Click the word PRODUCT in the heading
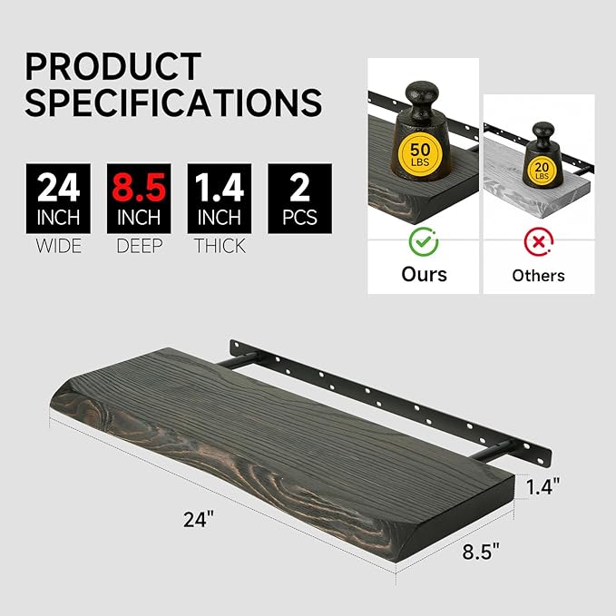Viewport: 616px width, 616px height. pos(113,67)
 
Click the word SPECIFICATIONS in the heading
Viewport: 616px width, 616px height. pos(173,102)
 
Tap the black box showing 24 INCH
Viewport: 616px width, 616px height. pos(59,199)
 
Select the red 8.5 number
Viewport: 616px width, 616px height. pos(139,188)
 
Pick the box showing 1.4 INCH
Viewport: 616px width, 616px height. pos(220,199)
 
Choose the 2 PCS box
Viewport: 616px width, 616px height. pos(299,199)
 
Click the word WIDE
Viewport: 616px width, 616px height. pos(59,246)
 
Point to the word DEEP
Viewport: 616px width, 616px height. pos(140,246)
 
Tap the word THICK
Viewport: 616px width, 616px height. pos(220,246)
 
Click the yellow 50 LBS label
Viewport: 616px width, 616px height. pos(420,152)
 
